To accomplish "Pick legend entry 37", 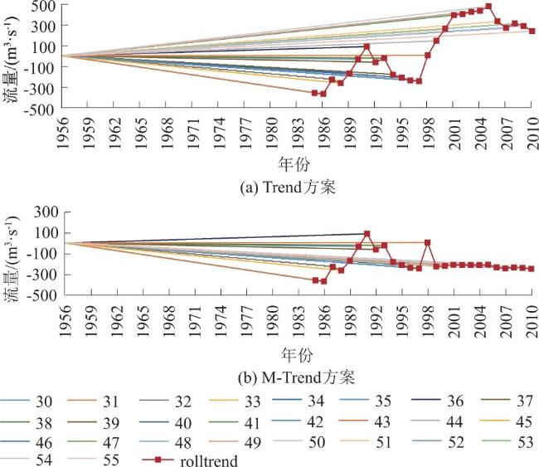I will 512,401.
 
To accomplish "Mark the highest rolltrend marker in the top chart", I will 488,7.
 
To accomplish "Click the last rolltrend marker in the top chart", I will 532,31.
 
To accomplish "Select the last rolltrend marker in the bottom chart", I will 532,268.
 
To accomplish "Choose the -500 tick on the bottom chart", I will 41,294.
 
